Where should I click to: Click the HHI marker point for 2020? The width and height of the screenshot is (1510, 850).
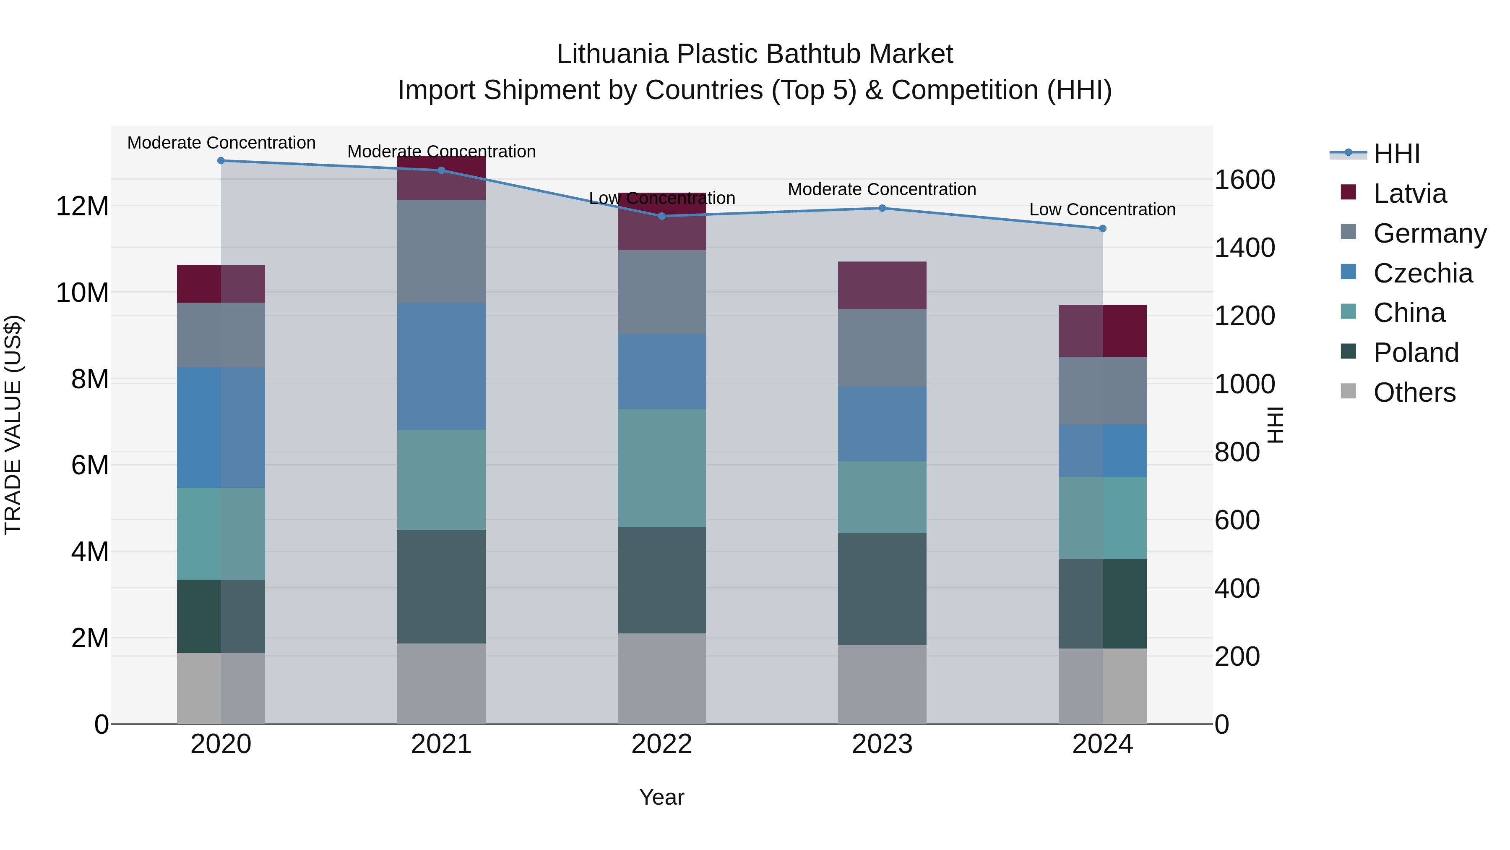pyautogui.click(x=221, y=161)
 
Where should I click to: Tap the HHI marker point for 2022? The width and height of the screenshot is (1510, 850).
pyautogui.click(x=662, y=217)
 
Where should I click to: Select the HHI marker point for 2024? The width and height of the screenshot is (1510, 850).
pyautogui.click(x=1103, y=229)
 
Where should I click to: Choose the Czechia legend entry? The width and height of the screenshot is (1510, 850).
pyautogui.click(x=1421, y=273)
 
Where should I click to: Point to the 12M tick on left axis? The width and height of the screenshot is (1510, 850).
pyautogui.click(x=82, y=207)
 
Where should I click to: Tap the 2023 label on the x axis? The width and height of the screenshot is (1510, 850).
pyautogui.click(x=882, y=744)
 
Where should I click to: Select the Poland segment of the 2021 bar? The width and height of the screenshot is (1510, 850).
pyautogui.click(x=441, y=587)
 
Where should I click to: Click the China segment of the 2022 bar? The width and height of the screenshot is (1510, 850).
pyautogui.click(x=662, y=468)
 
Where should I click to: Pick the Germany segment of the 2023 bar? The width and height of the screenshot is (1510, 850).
pyautogui.click(x=882, y=348)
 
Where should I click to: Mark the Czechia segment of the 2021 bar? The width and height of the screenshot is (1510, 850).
pyautogui.click(x=441, y=366)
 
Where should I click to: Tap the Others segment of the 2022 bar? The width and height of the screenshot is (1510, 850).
pyautogui.click(x=662, y=679)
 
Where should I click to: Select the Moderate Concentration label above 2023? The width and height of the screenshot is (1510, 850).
pyautogui.click(x=882, y=189)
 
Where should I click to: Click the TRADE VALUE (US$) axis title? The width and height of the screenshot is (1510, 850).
pyautogui.click(x=13, y=425)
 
